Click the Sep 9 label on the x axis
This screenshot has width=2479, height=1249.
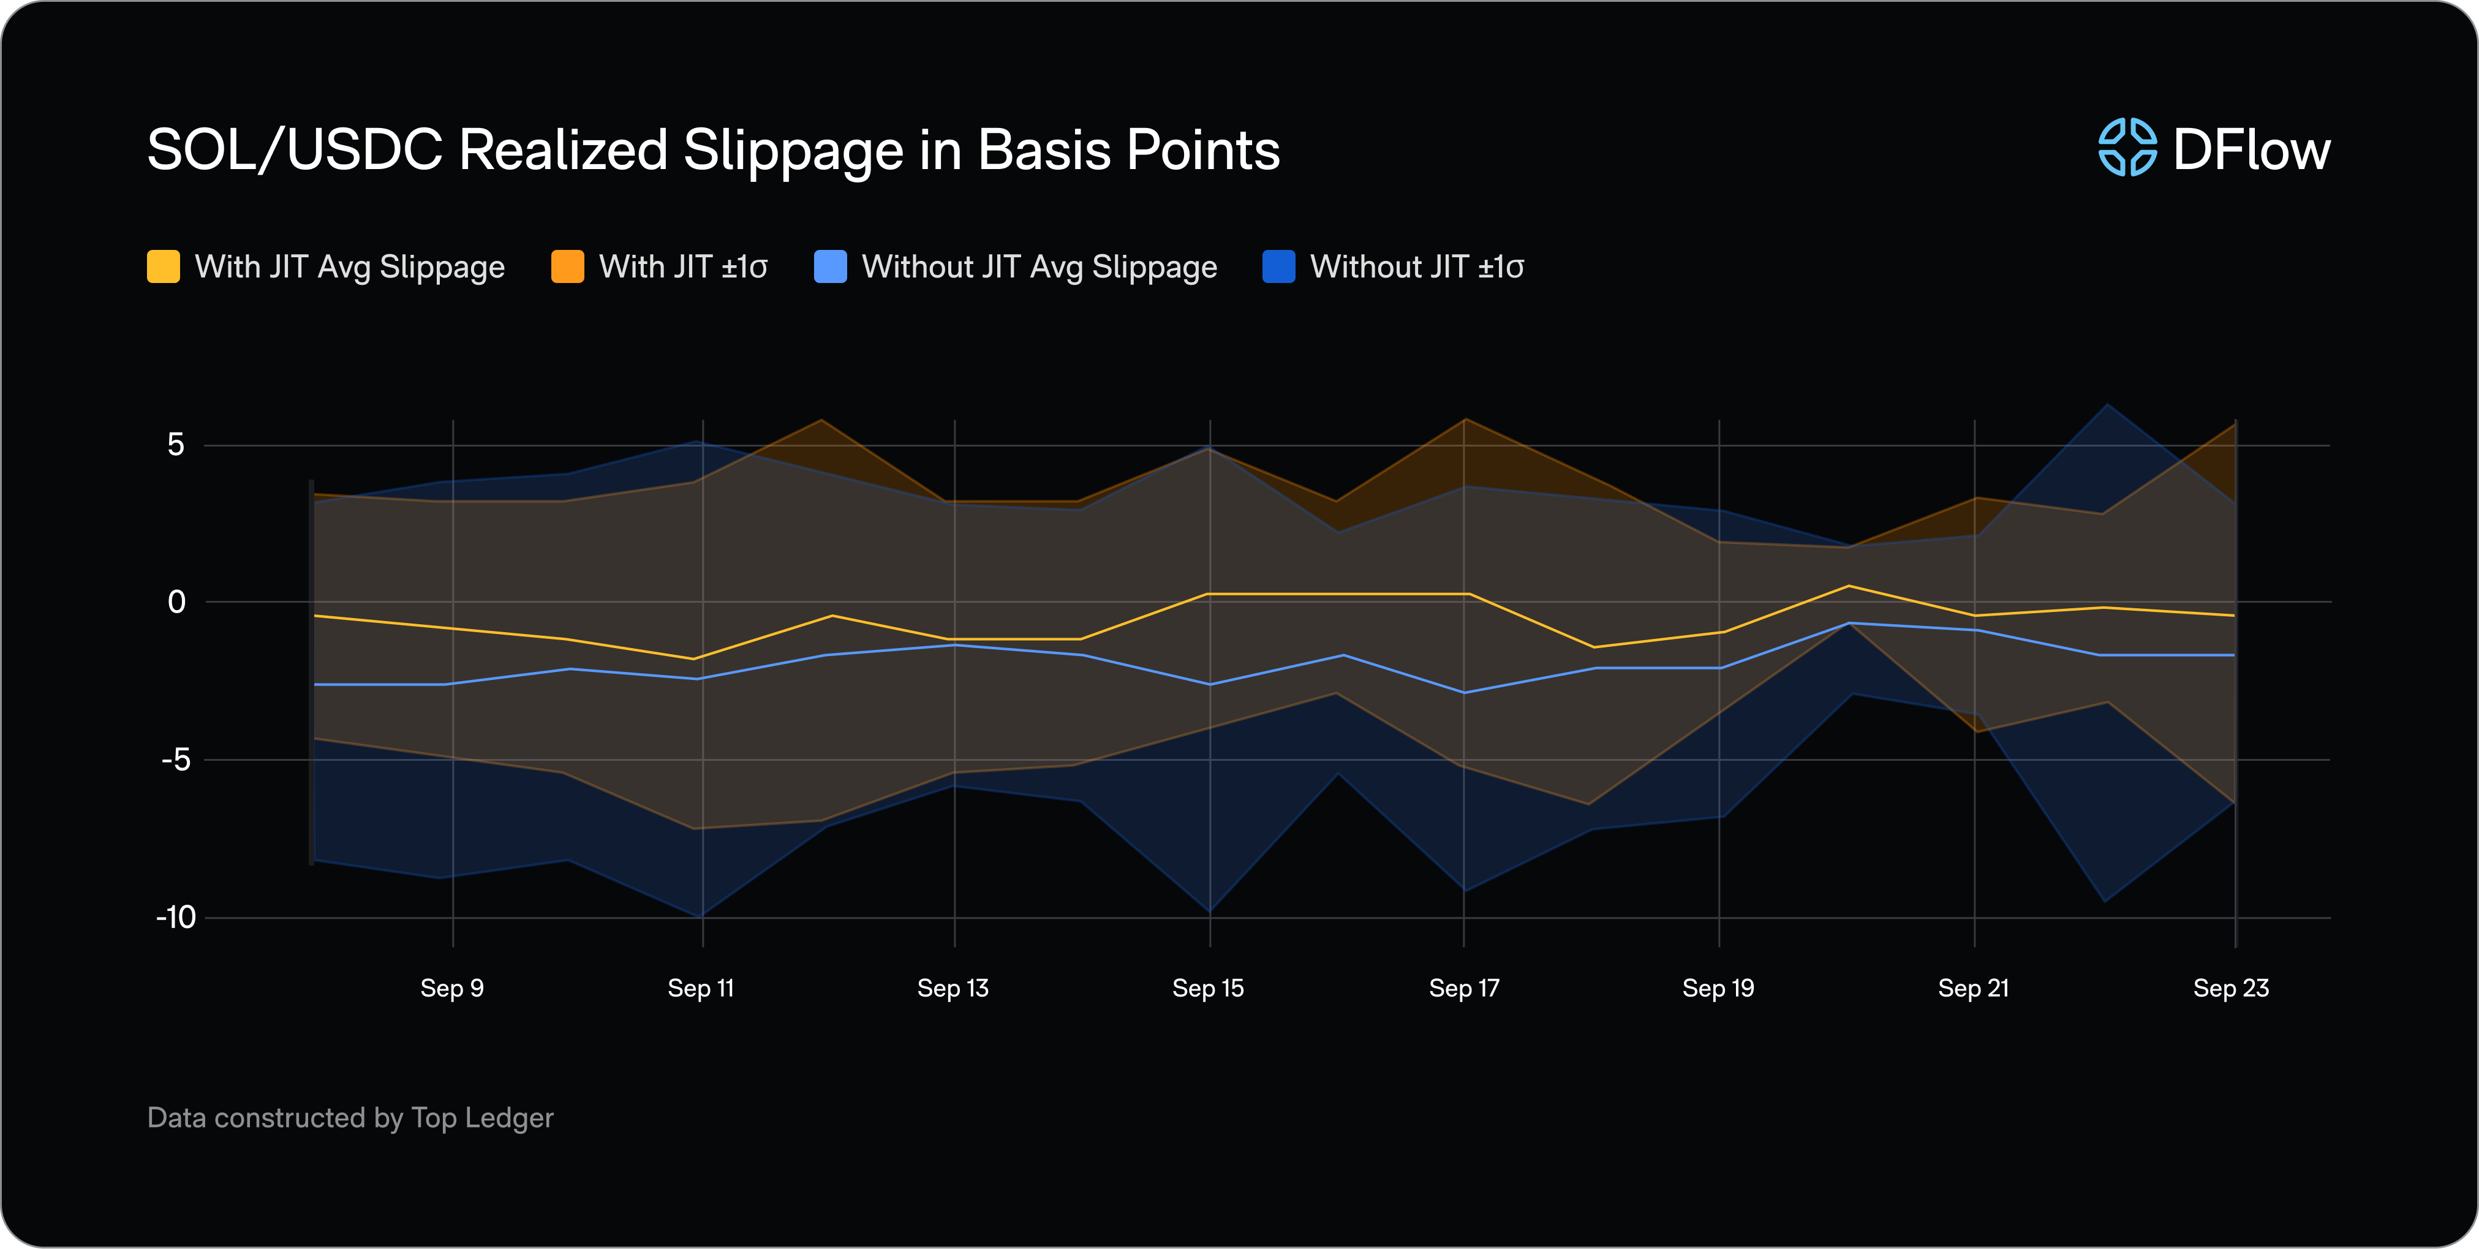pyautogui.click(x=451, y=988)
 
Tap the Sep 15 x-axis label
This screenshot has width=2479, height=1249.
pyautogui.click(x=1208, y=988)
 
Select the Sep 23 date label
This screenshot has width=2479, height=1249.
pyautogui.click(x=2231, y=988)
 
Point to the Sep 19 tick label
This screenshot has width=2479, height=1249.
pyautogui.click(x=1718, y=988)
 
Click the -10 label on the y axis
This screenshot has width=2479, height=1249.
pyautogui.click(x=176, y=917)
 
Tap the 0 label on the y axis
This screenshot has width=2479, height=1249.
pyautogui.click(x=176, y=602)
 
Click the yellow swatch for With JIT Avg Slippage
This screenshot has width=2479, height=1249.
pyautogui.click(x=164, y=266)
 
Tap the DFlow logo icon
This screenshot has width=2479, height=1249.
pyautogui.click(x=2127, y=148)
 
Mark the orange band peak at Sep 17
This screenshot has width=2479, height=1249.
pyautogui.click(x=1465, y=420)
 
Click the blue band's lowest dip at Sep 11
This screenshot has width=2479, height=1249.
pyautogui.click(x=701, y=916)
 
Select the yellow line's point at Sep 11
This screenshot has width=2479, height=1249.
pyautogui.click(x=695, y=658)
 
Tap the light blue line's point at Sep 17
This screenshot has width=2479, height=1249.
pyautogui.click(x=1465, y=692)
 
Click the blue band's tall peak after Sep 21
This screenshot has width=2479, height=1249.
pyautogui.click(x=2108, y=405)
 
